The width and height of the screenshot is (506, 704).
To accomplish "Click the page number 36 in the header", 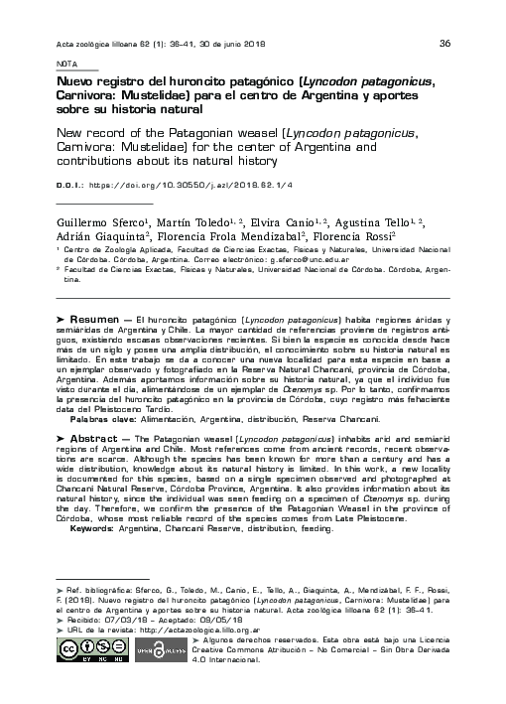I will pos(444,43).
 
